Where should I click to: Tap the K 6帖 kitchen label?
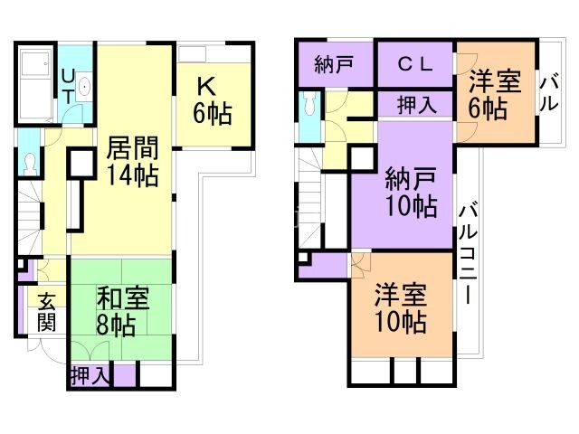(x=212, y=99)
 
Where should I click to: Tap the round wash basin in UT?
(x=84, y=89)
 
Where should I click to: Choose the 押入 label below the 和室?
(x=91, y=374)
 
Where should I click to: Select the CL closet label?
(x=415, y=64)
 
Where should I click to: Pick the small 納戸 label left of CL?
(x=334, y=64)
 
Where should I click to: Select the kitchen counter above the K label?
(x=214, y=54)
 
